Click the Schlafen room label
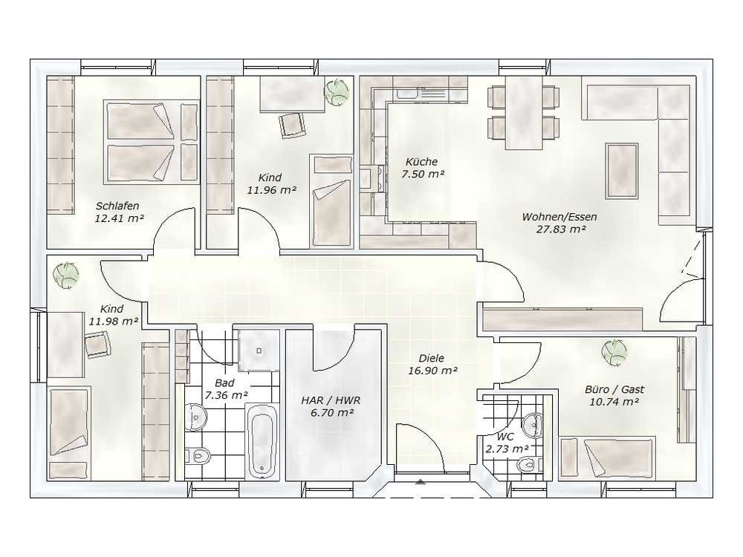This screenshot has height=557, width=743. (x=117, y=206)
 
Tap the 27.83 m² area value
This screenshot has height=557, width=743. (x=560, y=229)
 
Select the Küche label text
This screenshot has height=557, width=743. (x=422, y=162)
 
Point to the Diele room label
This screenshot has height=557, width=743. (x=432, y=359)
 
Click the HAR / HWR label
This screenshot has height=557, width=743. (x=331, y=400)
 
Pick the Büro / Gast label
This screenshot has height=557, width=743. (x=614, y=389)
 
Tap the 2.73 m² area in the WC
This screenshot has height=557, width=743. (x=507, y=449)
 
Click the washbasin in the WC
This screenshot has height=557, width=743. (x=533, y=425)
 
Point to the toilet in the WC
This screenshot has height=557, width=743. (x=529, y=464)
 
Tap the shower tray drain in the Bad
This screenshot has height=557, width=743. (x=259, y=351)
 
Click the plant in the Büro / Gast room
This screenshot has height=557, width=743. (x=614, y=352)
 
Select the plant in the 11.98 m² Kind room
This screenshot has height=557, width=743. (x=66, y=275)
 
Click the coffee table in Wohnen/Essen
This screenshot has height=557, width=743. (x=622, y=171)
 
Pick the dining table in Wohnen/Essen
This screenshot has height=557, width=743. (x=524, y=113)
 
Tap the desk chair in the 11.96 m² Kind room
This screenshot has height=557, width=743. (x=292, y=124)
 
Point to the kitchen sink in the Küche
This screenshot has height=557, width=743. (x=406, y=94)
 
